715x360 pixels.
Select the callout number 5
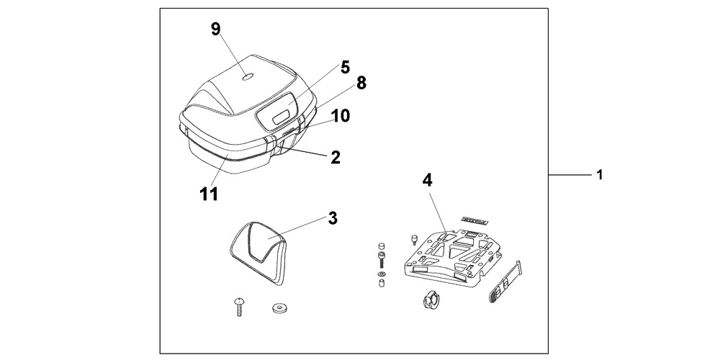click(x=345, y=67)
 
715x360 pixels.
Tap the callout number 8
click(x=361, y=83)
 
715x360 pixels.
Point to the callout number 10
click(x=341, y=115)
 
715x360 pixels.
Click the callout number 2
click(x=336, y=156)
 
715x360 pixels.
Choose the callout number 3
click(x=333, y=218)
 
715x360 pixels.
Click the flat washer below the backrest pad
click(x=279, y=307)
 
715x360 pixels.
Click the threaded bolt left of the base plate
click(x=379, y=257)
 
